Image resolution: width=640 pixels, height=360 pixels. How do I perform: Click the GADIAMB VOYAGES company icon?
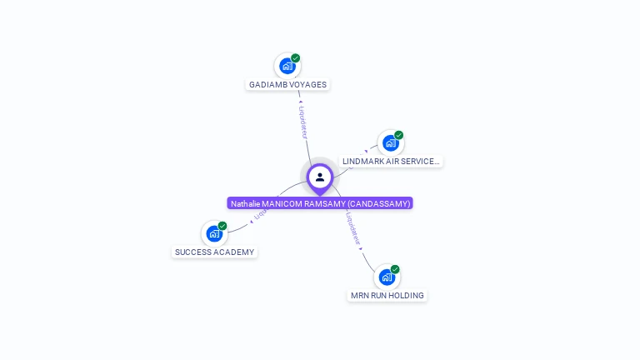click(287, 66)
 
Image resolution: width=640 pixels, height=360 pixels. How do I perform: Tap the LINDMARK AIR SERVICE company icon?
click(390, 142)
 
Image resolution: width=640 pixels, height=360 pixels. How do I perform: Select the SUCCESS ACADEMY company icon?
click(214, 233)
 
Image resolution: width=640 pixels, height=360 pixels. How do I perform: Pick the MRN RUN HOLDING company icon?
click(387, 277)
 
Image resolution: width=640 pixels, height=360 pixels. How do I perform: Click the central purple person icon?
click(320, 177)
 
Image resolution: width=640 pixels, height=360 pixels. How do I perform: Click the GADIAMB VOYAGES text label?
click(287, 84)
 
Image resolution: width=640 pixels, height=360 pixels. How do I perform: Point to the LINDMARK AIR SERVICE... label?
click(390, 161)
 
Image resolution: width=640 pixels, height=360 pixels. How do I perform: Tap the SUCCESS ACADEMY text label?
click(214, 252)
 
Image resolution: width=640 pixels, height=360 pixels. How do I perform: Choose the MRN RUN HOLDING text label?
click(387, 295)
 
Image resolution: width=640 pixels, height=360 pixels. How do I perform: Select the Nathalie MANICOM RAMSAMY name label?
click(320, 203)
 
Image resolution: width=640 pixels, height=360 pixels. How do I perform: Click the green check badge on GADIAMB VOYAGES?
click(296, 58)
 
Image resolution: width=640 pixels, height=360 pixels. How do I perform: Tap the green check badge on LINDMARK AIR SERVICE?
click(398, 135)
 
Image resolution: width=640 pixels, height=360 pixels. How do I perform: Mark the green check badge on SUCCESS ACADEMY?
click(222, 226)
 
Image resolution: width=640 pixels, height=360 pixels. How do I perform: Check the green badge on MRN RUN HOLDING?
click(395, 269)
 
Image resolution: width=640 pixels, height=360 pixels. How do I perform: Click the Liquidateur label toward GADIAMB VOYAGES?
click(303, 122)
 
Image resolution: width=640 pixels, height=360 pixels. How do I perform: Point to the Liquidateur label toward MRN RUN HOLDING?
click(353, 231)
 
